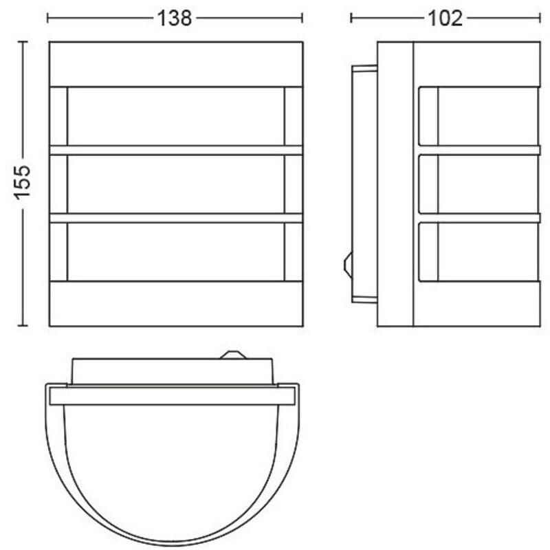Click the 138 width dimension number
pyautogui.click(x=175, y=19)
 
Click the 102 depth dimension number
pyautogui.click(x=445, y=19)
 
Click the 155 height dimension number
pyautogui.click(x=23, y=181)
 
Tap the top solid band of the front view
pyautogui.click(x=176, y=64)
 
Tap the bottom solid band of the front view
pyautogui.click(x=176, y=303)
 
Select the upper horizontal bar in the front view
pyautogui.click(x=176, y=150)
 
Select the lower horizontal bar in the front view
pyautogui.click(x=176, y=218)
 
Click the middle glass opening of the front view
pyautogui.click(x=176, y=184)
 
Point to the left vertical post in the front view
pyautogui.click(x=58, y=184)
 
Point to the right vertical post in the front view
pyautogui.click(x=294, y=184)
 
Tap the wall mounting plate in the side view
pyautogui.click(x=364, y=184)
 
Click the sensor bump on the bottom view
pyautogui.click(x=232, y=355)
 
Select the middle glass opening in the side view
pyautogui.click(x=488, y=184)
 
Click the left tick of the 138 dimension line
pyautogui.click(x=47, y=18)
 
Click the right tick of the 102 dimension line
pyautogui.click(x=540, y=18)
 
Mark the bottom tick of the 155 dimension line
pyautogui.click(x=23, y=325)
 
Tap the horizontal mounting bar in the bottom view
pyautogui.click(x=172, y=395)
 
